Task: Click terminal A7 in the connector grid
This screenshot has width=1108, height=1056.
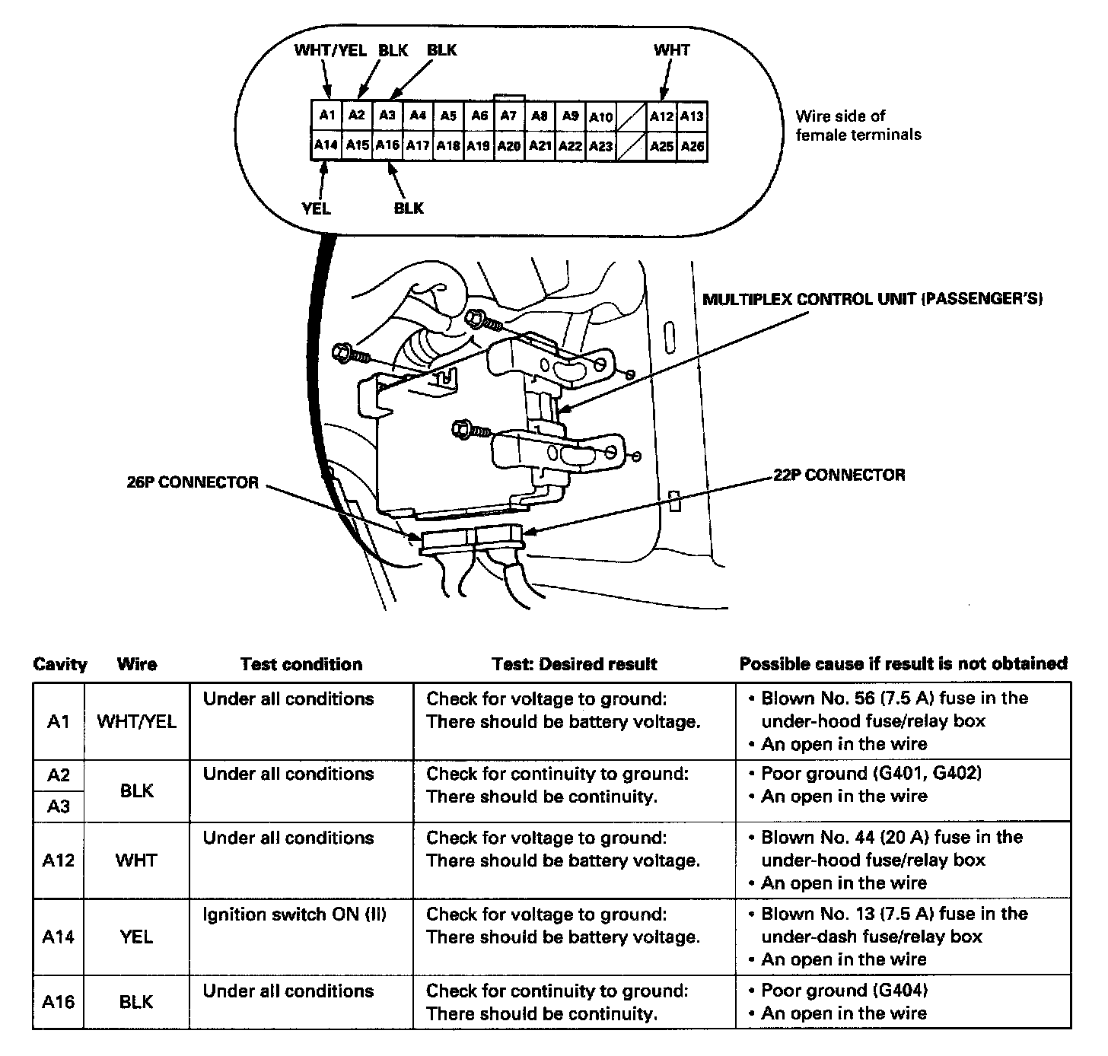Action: pyautogui.click(x=508, y=116)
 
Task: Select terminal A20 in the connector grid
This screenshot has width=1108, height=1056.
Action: pyautogui.click(x=508, y=145)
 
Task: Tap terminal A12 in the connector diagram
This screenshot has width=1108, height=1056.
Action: pyautogui.click(x=661, y=116)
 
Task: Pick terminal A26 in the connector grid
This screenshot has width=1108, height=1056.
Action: pyautogui.click(x=692, y=145)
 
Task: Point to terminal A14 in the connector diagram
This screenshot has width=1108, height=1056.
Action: pyautogui.click(x=326, y=145)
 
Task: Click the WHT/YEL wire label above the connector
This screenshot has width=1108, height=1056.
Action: pyautogui.click(x=330, y=51)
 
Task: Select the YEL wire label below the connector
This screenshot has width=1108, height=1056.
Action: pyautogui.click(x=317, y=208)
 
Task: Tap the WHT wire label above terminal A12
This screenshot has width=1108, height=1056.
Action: pyautogui.click(x=671, y=51)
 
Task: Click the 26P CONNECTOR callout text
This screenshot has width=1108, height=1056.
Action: pyautogui.click(x=193, y=482)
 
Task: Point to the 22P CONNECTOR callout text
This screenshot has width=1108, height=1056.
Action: pyautogui.click(x=839, y=476)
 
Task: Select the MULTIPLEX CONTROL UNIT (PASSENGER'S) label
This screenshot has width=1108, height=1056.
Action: pyautogui.click(x=872, y=299)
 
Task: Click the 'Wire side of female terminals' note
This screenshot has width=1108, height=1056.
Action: pyautogui.click(x=858, y=126)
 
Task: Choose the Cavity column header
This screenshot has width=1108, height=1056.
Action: pyautogui.click(x=60, y=664)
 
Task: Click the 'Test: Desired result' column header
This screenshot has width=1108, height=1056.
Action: pyautogui.click(x=575, y=664)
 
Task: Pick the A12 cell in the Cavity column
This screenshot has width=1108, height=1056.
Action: pyautogui.click(x=59, y=860)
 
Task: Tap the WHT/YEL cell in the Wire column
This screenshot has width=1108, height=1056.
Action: pyautogui.click(x=137, y=721)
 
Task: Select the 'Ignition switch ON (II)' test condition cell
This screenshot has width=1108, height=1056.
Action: pyautogui.click(x=295, y=914)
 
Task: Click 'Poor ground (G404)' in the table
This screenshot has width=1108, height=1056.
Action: pyautogui.click(x=844, y=991)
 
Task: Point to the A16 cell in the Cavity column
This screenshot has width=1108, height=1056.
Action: pyautogui.click(x=59, y=1002)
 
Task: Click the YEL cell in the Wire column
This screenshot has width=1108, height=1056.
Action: pyautogui.click(x=137, y=937)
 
